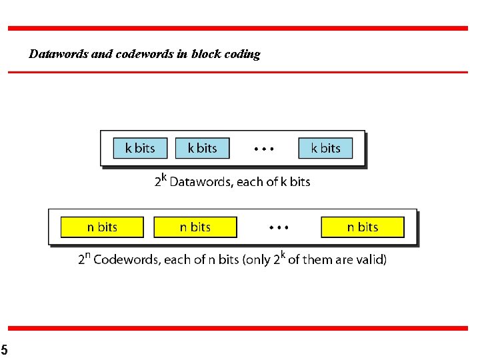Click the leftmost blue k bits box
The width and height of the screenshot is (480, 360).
click(x=139, y=148)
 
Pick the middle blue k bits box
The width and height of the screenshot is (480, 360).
click(x=202, y=148)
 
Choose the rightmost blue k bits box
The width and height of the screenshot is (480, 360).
click(x=325, y=148)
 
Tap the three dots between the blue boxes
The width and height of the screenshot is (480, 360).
click(x=263, y=149)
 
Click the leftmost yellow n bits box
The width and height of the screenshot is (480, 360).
click(x=102, y=227)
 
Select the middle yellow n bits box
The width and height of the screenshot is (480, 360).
click(x=195, y=227)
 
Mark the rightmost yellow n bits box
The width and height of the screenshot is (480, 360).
click(x=363, y=227)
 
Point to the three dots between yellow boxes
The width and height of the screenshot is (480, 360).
click(x=279, y=228)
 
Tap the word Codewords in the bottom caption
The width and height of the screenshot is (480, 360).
click(x=125, y=259)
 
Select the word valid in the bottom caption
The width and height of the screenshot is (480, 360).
click(x=369, y=259)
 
